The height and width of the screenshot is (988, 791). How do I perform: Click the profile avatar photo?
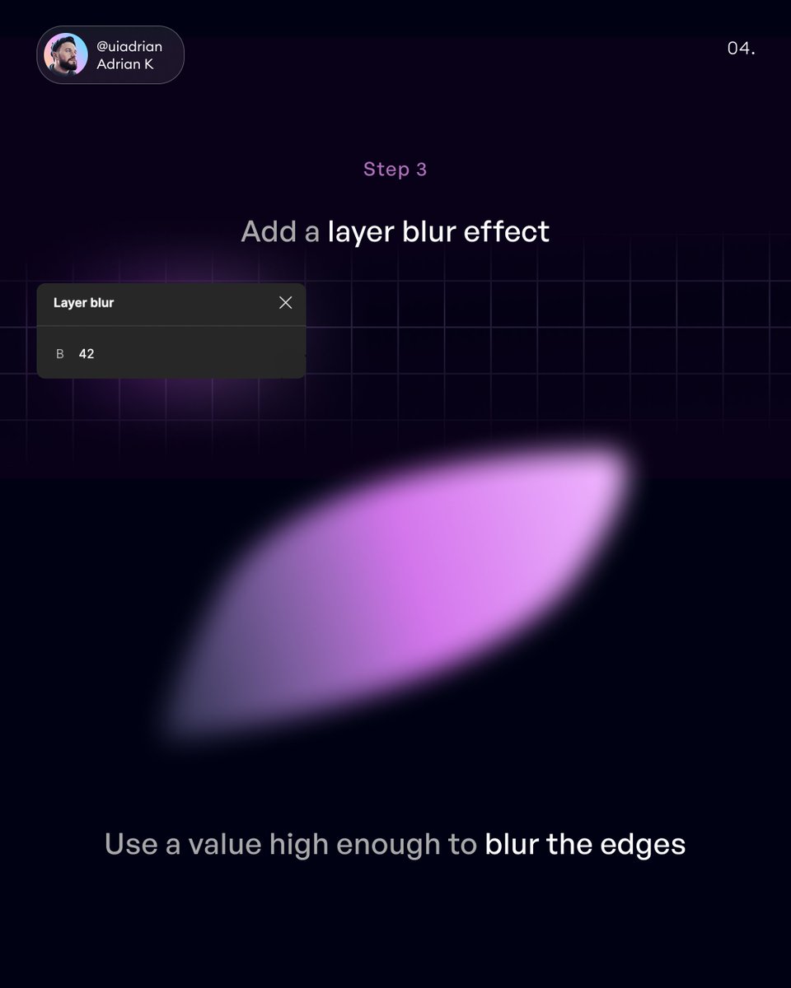[67, 55]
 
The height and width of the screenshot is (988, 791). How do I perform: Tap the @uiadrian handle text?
[129, 47]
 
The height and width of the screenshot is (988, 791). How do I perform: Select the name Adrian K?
[125, 64]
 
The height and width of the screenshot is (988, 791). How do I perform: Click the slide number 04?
[741, 49]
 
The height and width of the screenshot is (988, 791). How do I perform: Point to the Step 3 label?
[395, 169]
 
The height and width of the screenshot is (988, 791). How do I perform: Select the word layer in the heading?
[360, 232]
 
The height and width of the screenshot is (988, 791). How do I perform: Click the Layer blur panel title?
[83, 303]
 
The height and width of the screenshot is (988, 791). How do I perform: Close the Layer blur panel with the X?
[285, 303]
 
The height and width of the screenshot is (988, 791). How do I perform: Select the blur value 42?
[87, 354]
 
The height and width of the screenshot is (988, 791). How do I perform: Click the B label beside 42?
[59, 354]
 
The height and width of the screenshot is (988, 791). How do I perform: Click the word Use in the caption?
[130, 845]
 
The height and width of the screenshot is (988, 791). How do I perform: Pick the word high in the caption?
[302, 845]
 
